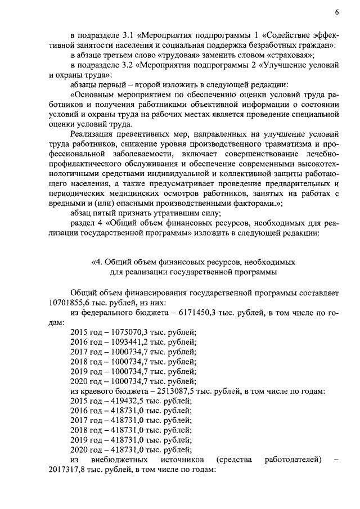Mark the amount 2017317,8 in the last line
[70, 470]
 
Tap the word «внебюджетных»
[120, 460]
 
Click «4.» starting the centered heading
[97, 262]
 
